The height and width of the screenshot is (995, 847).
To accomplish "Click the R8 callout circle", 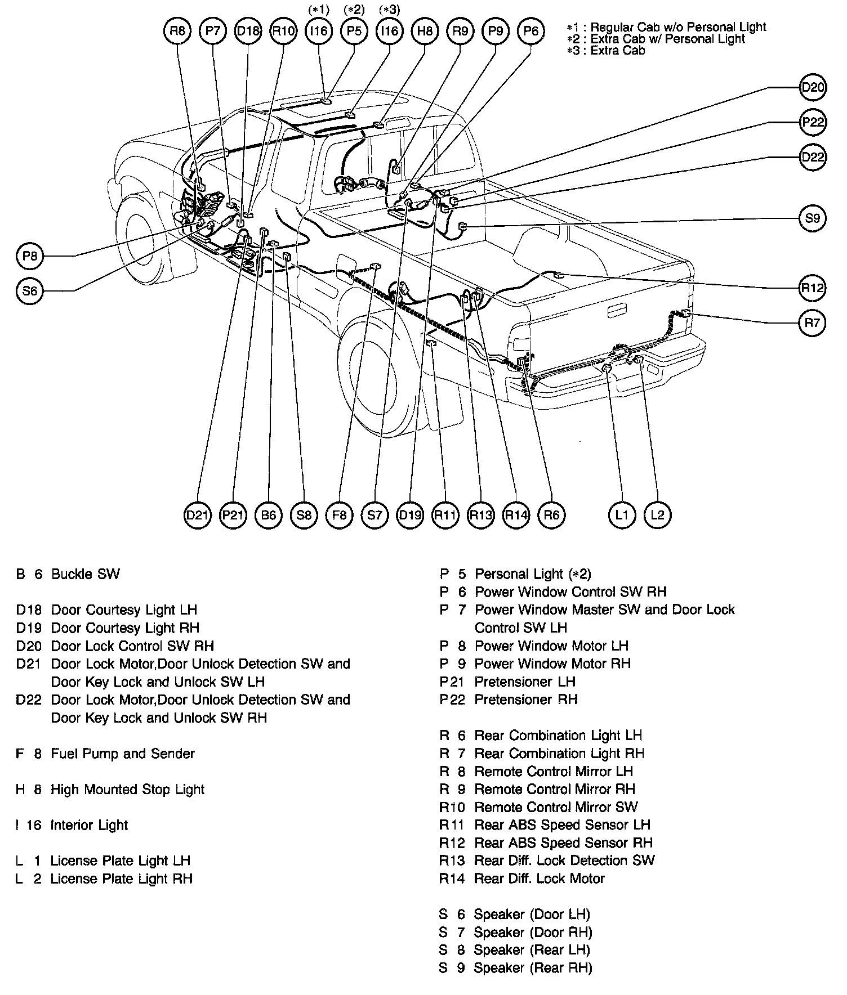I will click(177, 31).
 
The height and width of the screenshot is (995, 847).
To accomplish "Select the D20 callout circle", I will click(813, 87).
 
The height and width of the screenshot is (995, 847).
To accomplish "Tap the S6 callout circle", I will click(30, 291).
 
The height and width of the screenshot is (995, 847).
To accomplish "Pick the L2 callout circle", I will click(657, 514).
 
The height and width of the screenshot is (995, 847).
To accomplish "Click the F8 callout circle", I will click(339, 514).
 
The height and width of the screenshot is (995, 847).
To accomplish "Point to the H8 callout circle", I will click(425, 31).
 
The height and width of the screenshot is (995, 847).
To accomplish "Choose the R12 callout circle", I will click(813, 288).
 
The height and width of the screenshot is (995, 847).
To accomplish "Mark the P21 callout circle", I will click(233, 514).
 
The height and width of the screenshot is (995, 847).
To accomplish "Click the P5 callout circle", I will click(354, 31).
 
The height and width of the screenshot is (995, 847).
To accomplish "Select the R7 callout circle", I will click(813, 323).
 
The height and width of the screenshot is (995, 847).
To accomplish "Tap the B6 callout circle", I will click(269, 514).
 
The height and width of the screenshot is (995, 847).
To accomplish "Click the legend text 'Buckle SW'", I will click(85, 574).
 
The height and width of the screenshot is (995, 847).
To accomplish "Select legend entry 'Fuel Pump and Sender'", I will click(122, 754).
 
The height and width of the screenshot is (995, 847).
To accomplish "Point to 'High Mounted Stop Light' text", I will click(127, 789).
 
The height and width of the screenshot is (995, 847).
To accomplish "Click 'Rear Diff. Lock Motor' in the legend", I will click(539, 879).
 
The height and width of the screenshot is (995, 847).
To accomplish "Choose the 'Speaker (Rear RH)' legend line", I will click(533, 968).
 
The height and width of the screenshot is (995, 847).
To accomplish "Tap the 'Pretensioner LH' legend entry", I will click(524, 682).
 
